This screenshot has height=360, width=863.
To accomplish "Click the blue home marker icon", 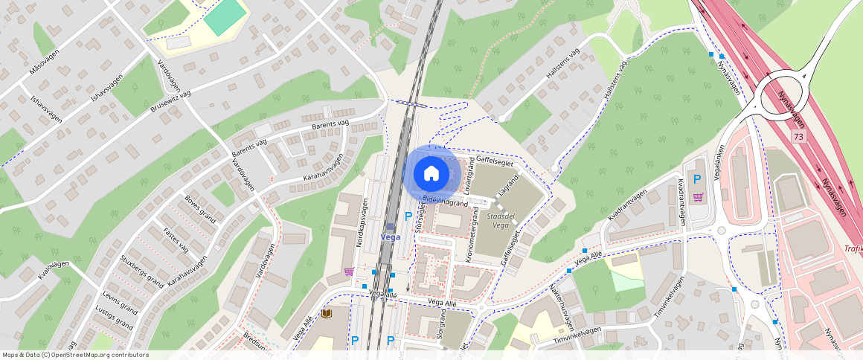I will [431, 173].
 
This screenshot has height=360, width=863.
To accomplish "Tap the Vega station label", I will [391, 237].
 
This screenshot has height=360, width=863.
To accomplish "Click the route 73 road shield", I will [798, 136].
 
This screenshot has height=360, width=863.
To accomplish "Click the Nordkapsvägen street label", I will [362, 222].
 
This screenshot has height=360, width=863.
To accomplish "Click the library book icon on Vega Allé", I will [325, 314].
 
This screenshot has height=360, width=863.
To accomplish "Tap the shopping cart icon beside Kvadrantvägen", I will [698, 197].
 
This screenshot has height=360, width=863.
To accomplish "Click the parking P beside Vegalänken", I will [697, 179].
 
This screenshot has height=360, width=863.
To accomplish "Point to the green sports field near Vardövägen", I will [225, 16].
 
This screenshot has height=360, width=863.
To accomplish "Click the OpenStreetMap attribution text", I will [75, 355].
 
